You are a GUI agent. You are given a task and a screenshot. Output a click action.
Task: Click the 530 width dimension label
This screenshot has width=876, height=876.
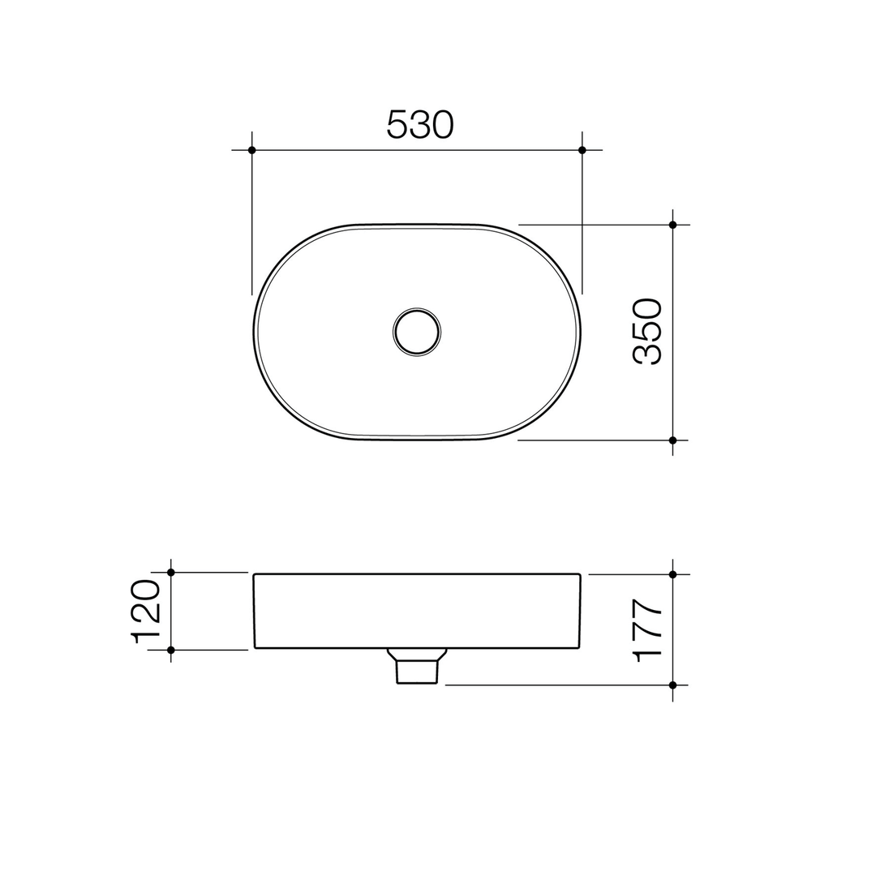click(420, 124)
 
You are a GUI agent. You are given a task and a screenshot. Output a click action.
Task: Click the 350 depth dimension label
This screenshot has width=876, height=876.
click(648, 331)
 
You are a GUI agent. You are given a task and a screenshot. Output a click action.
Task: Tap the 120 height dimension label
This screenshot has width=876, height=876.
click(147, 612)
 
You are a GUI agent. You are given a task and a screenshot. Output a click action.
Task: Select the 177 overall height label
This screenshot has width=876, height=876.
click(649, 630)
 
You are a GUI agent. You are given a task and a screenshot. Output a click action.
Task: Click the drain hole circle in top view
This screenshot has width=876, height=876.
click(416, 332)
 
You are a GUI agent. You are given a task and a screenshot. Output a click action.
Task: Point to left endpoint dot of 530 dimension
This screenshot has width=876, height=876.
click(252, 150)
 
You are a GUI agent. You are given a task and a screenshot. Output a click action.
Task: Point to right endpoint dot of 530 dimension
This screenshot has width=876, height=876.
click(582, 150)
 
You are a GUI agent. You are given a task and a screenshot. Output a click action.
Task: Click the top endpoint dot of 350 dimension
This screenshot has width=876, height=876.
click(672, 225)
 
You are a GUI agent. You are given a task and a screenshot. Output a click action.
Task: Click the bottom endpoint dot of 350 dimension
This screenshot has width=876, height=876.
click(672, 440)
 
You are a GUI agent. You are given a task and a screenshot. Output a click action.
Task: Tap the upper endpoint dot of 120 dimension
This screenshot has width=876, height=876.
click(171, 573)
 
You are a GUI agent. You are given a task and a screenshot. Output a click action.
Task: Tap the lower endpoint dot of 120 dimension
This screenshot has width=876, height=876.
click(171, 650)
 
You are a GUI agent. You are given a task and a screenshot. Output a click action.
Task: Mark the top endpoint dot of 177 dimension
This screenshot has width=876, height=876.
click(672, 574)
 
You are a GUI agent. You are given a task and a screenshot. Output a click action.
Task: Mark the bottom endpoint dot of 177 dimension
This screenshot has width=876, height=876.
click(672, 685)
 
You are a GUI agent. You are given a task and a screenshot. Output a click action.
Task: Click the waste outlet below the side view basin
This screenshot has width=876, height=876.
click(417, 668)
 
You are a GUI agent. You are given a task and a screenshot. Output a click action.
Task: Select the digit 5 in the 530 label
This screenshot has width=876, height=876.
click(397, 124)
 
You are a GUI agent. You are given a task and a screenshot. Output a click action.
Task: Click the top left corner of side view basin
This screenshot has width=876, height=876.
click(255, 575)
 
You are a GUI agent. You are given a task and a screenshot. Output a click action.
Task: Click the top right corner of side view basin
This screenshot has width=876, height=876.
click(580, 575)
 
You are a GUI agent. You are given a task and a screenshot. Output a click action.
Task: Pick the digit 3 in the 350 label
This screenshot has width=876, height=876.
click(648, 354)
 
